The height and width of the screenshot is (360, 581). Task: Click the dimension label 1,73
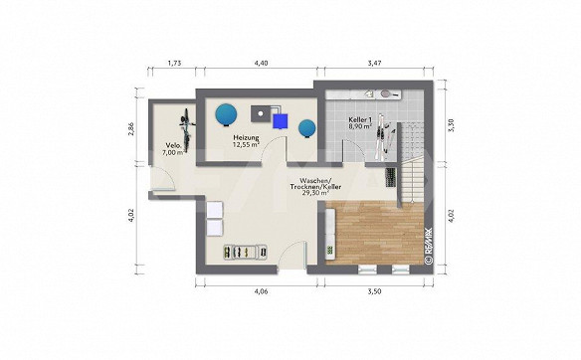click(174, 63)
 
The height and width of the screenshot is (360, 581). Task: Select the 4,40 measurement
click(261, 63)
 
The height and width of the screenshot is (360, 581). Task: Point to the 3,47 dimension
click(375, 63)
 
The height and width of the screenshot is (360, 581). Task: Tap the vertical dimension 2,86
click(130, 129)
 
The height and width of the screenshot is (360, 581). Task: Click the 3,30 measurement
click(451, 125)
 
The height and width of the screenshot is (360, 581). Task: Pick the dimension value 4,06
click(261, 291)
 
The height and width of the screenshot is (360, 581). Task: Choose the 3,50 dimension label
click(374, 291)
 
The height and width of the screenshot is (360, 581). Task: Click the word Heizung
click(246, 138)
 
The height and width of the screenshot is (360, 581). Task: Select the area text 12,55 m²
click(246, 145)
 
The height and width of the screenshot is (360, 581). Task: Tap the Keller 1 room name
click(360, 119)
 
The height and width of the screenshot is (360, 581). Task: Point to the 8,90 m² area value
click(360, 126)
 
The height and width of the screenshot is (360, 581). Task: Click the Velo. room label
click(173, 145)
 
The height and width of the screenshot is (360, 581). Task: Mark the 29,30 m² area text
click(315, 193)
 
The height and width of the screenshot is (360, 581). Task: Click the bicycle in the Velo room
click(187, 130)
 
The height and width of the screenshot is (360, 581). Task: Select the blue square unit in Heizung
click(280, 121)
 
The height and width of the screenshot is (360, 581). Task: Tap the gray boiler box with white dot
click(262, 113)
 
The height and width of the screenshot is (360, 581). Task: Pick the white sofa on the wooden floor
click(330, 234)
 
